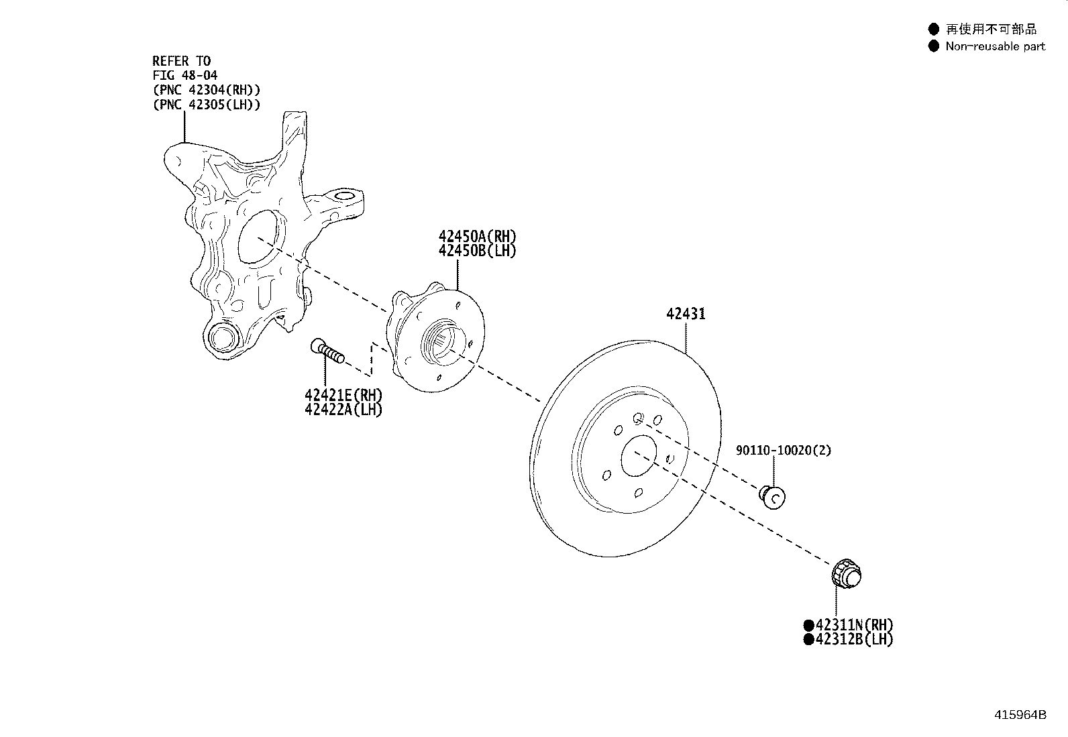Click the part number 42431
pyautogui.click(x=686, y=314)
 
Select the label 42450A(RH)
pyautogui.click(x=478, y=236)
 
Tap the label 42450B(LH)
pyautogui.click(x=478, y=251)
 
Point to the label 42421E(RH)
pyautogui.click(x=343, y=396)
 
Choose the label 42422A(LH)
pyautogui.click(x=343, y=410)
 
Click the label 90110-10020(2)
pyautogui.click(x=783, y=451)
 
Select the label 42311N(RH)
pyautogui.click(x=854, y=625)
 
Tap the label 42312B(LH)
pyautogui.click(x=854, y=640)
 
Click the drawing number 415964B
pyautogui.click(x=1020, y=714)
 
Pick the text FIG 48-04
pyautogui.click(x=184, y=76)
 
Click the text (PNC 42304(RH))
pyautogui.click(x=207, y=90)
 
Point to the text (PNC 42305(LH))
pyautogui.click(x=207, y=105)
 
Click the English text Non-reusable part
pyautogui.click(x=995, y=46)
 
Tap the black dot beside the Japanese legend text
pyautogui.click(x=933, y=29)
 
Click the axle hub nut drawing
pyautogui.click(x=845, y=575)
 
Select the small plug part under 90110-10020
pyautogui.click(x=772, y=496)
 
